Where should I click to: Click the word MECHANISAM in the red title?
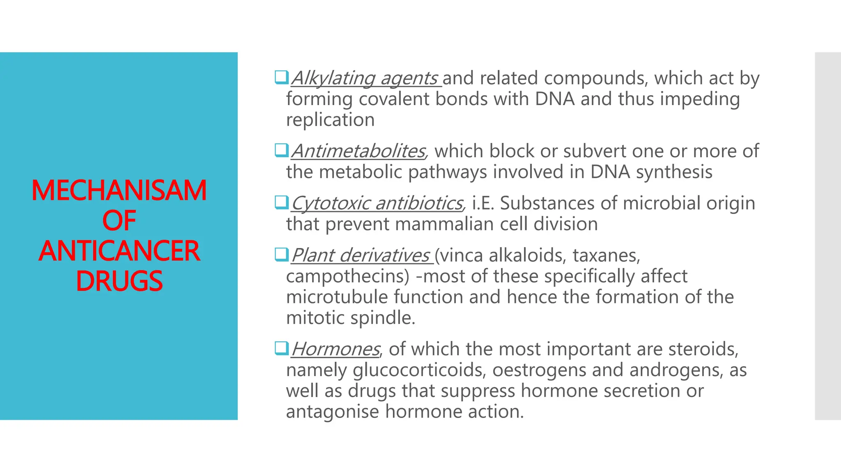coord(119,191)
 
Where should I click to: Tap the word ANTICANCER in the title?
coord(119,251)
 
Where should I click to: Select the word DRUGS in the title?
coord(119,281)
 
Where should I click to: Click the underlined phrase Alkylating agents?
coord(364,78)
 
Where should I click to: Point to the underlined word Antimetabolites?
coord(358,152)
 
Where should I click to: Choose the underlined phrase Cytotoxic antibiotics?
coord(377,204)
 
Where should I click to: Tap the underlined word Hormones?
coord(335,349)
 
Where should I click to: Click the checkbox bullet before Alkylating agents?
coord(281,77)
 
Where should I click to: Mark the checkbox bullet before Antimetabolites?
coord(281,150)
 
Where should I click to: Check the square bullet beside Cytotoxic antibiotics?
coord(281,202)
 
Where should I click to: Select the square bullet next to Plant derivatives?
coord(281,254)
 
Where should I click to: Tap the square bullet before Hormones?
coord(281,348)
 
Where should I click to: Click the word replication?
coord(330,120)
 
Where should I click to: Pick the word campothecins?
coord(347,276)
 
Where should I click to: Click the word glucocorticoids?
coord(419,370)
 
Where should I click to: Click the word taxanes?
coord(606,256)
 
